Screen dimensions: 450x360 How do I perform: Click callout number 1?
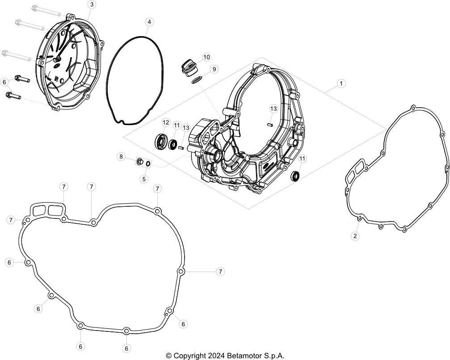(x=341, y=84)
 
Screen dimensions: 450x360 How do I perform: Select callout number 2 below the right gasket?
(x=355, y=236)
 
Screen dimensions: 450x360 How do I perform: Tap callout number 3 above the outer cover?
(x=92, y=4)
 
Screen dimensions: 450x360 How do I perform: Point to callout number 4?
(x=149, y=22)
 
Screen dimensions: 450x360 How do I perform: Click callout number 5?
(x=144, y=179)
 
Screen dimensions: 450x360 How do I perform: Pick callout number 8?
(x=121, y=156)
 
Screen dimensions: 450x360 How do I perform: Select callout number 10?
(x=206, y=57)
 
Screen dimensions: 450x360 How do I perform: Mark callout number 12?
(x=166, y=122)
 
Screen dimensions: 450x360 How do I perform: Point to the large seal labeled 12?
(x=161, y=142)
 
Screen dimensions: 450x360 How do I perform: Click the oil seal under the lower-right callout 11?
(x=295, y=176)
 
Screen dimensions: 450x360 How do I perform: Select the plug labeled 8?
(x=140, y=162)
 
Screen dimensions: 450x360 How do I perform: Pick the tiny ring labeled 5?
(x=148, y=163)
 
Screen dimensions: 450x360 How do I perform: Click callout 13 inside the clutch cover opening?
(x=273, y=109)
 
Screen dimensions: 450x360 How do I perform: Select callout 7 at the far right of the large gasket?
(x=220, y=272)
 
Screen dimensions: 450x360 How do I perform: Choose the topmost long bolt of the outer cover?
(x=46, y=11)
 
